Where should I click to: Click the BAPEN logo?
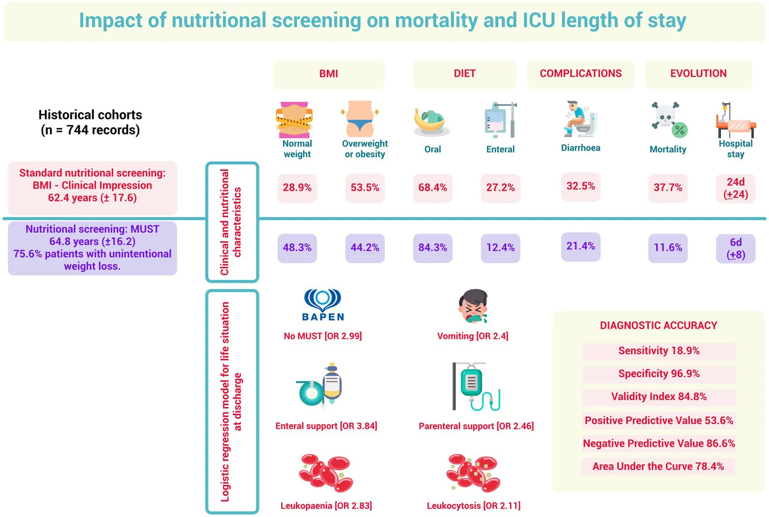(323, 305)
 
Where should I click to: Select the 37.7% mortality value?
(668, 188)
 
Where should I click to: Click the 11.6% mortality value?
(668, 248)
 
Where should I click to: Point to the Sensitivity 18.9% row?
(659, 351)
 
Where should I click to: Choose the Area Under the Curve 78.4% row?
(658, 466)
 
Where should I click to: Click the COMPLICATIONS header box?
(581, 74)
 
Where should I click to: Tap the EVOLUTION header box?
(698, 74)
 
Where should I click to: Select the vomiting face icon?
(473, 306)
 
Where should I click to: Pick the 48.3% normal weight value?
(297, 248)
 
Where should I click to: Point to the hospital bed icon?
(735, 120)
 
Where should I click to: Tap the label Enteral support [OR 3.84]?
(326, 426)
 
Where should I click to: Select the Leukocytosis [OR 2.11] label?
(473, 506)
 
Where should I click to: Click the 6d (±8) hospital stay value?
(735, 248)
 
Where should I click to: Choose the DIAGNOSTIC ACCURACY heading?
(658, 325)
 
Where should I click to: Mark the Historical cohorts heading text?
(90, 122)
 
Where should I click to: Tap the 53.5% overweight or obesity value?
(365, 188)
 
